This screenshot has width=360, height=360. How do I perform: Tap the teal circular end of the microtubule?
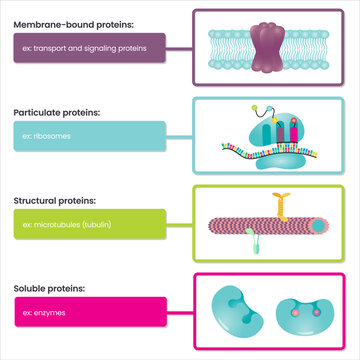(316, 228)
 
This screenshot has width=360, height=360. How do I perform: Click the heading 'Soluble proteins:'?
(50, 289)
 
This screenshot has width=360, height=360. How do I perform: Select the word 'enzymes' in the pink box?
(48, 314)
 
